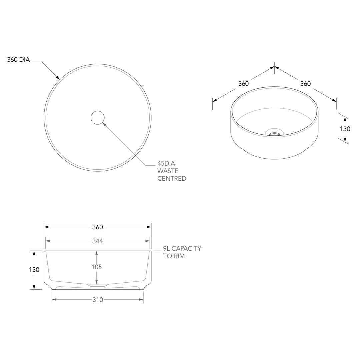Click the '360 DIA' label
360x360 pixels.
click(x=18, y=60)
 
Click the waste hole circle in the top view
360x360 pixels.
click(x=97, y=118)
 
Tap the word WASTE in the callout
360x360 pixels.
click(x=168, y=171)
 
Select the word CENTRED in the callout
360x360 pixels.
click(x=172, y=179)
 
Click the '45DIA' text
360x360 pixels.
click(x=166, y=163)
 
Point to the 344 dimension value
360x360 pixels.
click(x=97, y=241)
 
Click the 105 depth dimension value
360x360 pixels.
click(x=97, y=267)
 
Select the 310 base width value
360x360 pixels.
click(x=97, y=300)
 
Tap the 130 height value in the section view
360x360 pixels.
click(x=34, y=270)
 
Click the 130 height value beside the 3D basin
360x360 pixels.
click(x=345, y=129)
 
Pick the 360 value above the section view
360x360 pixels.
click(x=97, y=227)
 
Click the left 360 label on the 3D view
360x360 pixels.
click(x=243, y=84)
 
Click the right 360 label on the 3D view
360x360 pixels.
click(x=305, y=84)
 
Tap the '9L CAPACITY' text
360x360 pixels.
click(x=182, y=249)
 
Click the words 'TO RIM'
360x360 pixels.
click(x=174, y=256)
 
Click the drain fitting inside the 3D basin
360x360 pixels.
click(x=275, y=134)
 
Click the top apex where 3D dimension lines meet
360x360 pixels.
click(x=274, y=67)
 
